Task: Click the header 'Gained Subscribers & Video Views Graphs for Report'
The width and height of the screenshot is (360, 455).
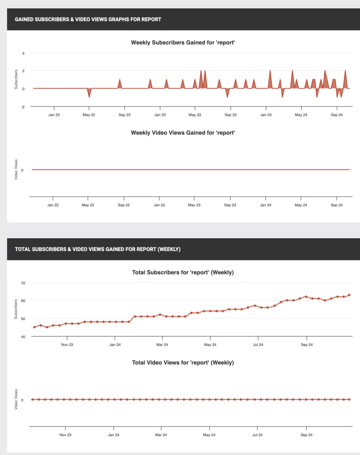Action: coord(88,19)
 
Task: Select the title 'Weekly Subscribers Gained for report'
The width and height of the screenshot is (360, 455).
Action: coord(183,43)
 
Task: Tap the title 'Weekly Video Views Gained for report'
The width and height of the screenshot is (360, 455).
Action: coord(183,133)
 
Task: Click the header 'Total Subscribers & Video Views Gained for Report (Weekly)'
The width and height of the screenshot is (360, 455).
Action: coord(97,249)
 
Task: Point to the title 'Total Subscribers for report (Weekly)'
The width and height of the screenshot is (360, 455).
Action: coord(183,272)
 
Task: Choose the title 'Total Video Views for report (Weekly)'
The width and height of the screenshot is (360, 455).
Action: coord(183,363)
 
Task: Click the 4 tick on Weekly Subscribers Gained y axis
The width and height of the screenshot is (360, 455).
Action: coord(23,53)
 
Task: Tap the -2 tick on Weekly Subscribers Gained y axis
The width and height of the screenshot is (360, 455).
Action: coord(23,107)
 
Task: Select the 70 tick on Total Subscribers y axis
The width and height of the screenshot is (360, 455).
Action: coord(23,283)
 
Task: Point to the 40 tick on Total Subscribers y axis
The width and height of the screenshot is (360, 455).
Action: coord(23,337)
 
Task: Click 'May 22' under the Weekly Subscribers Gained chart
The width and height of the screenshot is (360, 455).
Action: coord(89,115)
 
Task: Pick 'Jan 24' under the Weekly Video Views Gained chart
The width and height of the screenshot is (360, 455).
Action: coord(266,205)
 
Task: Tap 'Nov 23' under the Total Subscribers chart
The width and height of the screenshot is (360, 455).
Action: coord(67,345)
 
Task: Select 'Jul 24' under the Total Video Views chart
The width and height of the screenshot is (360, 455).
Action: coord(257,435)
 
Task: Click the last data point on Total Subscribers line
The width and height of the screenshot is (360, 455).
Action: coord(349,295)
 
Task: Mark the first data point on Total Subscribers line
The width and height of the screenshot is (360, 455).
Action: coord(34,327)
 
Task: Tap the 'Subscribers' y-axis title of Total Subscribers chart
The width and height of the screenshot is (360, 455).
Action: coord(16,309)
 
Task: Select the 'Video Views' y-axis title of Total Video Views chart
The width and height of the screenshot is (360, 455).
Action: coord(16,399)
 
